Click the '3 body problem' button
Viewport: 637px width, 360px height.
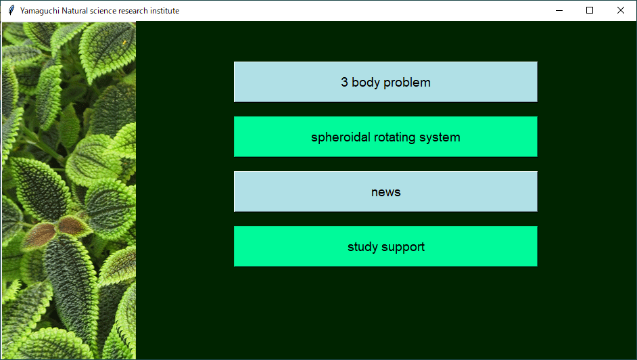(x=385, y=82)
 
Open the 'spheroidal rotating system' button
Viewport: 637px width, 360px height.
(x=385, y=137)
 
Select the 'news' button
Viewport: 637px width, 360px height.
(x=385, y=192)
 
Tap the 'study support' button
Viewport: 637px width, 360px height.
(x=385, y=246)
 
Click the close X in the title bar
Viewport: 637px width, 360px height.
(x=620, y=10)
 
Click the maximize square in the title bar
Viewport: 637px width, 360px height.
(x=590, y=10)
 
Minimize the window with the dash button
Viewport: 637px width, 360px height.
(x=559, y=10)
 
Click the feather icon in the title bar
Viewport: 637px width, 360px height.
(x=11, y=10)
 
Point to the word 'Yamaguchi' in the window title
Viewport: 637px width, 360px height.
(x=40, y=11)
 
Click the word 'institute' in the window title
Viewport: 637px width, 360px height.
(x=164, y=11)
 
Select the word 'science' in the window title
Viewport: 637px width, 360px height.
(x=103, y=11)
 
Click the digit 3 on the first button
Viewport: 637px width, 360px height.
(x=344, y=82)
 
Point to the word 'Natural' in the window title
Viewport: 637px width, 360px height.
(x=74, y=11)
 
